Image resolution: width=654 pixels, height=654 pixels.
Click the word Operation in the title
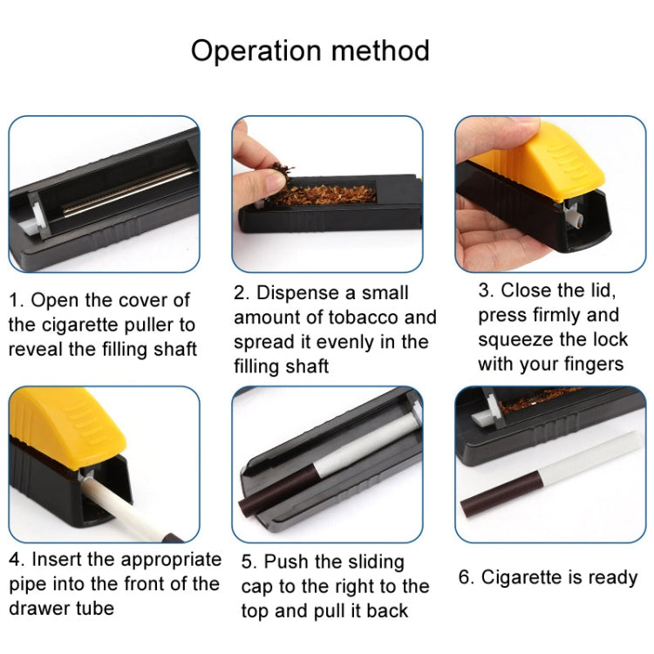256,51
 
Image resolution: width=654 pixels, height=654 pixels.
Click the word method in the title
380,51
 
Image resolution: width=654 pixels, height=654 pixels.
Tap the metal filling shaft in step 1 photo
130,190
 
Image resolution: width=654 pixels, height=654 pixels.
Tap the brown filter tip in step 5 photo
277,492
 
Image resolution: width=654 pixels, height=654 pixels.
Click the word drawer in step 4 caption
33,609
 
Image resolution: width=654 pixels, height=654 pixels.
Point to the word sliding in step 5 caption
376,562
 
